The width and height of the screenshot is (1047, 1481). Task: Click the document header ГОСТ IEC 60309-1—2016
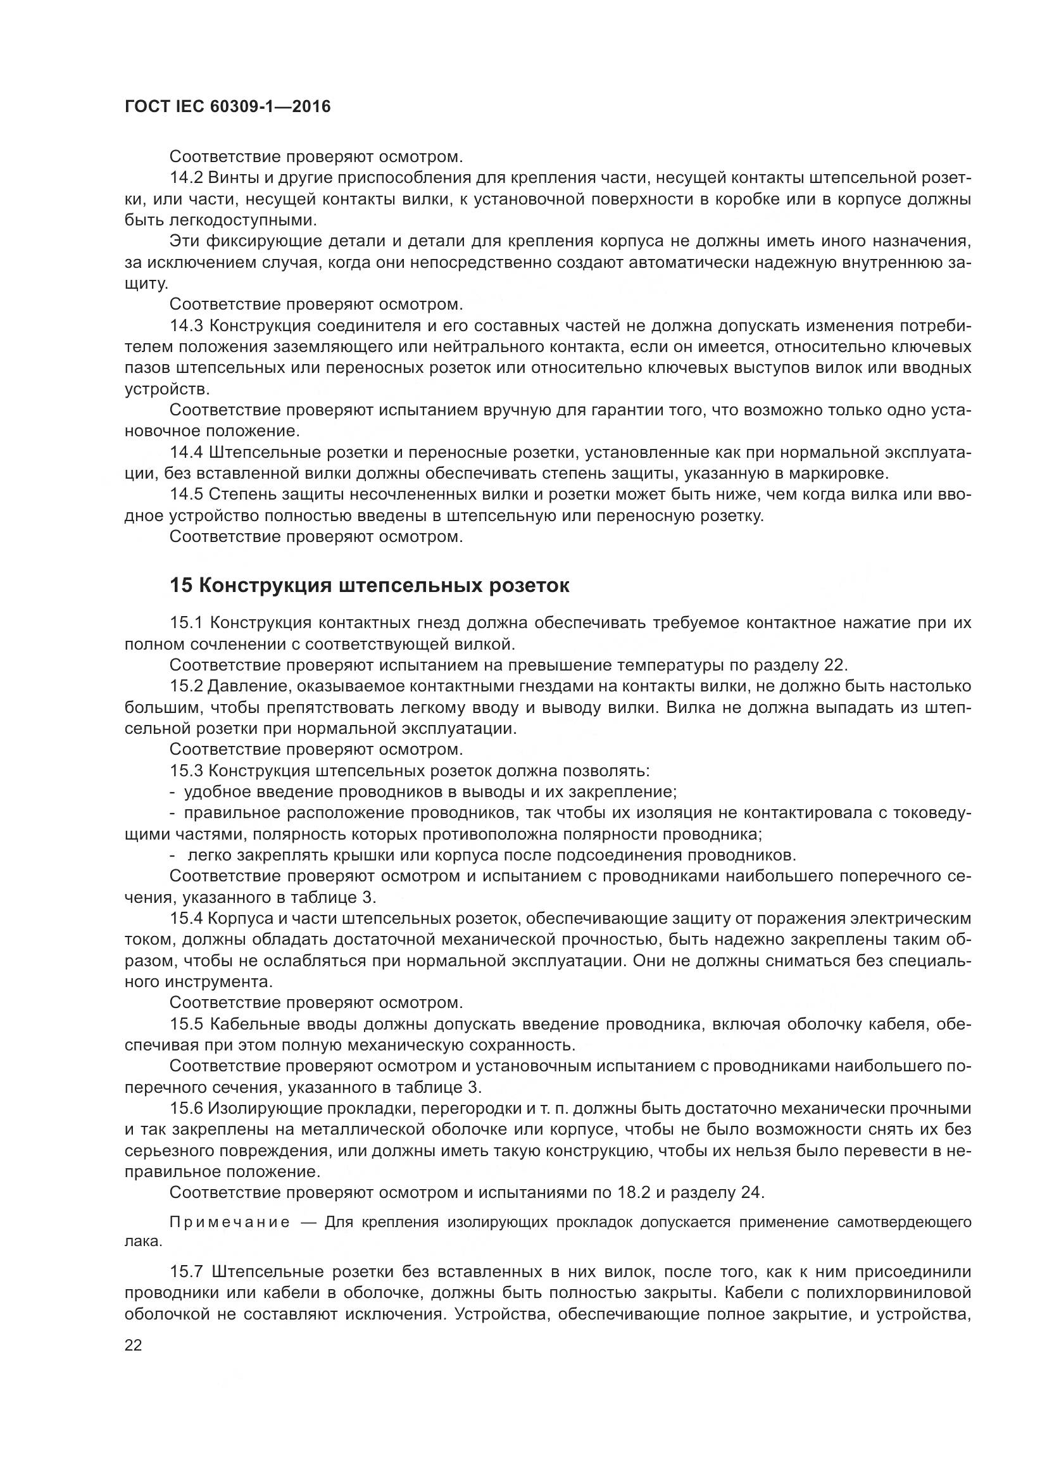coord(227,106)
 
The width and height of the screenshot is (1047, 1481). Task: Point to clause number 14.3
coord(186,325)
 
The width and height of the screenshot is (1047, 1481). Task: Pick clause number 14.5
coord(186,494)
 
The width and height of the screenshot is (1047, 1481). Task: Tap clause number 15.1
coord(186,622)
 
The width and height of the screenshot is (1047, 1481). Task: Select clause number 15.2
coord(186,686)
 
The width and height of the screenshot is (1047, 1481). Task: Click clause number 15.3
coord(186,771)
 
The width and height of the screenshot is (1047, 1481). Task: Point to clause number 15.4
coord(186,918)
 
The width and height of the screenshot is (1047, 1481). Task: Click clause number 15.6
coord(186,1108)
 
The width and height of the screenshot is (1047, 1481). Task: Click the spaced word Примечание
coord(230,1222)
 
